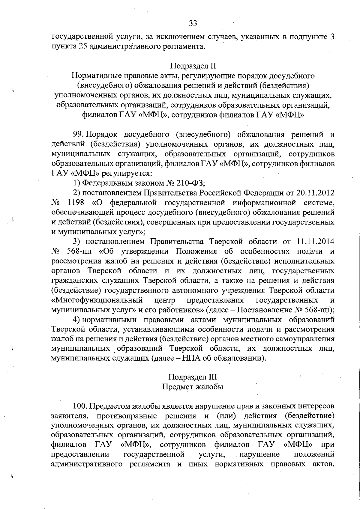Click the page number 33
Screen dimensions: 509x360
coord(193,23)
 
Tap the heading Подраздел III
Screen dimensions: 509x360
coord(193,377)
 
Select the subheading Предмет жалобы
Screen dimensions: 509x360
coord(193,387)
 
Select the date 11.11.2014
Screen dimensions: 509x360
coord(315,242)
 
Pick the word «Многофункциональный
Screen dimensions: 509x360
coord(97,300)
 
